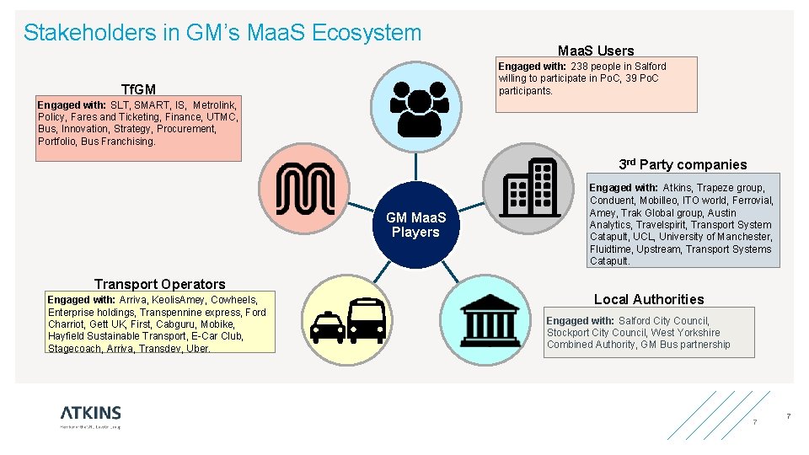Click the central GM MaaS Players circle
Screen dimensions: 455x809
coord(415,225)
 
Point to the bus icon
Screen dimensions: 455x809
coord(365,319)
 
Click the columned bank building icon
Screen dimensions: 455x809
coord(490,319)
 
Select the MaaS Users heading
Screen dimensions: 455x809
coord(595,51)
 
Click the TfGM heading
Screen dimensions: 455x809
coord(138,89)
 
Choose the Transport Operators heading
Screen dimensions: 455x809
coord(160,284)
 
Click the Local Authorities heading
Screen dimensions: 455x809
coord(648,299)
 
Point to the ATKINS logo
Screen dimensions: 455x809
coord(90,413)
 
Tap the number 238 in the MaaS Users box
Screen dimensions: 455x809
coord(579,67)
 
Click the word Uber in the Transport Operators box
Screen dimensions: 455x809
coord(197,349)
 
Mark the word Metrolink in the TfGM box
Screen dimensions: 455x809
coord(216,104)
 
